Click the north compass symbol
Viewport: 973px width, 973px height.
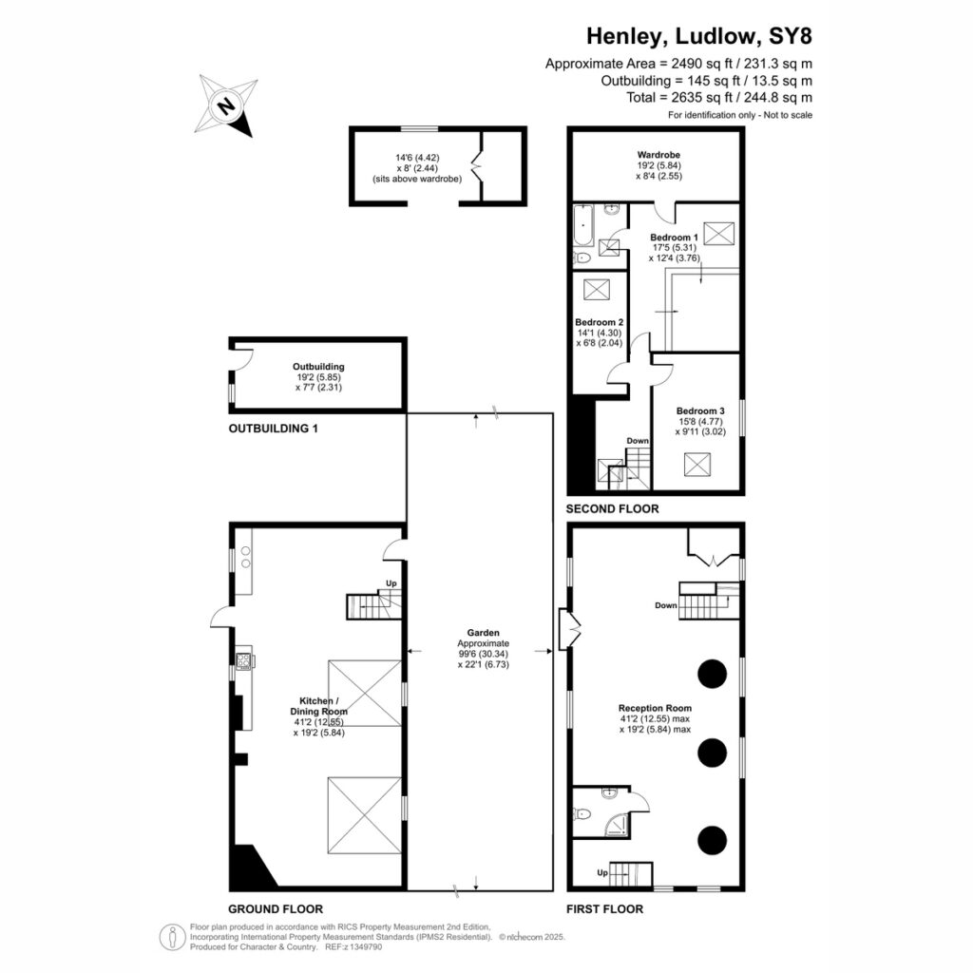click(227, 105)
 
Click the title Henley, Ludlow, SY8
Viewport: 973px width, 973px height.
click(699, 36)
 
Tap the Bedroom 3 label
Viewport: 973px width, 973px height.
click(700, 410)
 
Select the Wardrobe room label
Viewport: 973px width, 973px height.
click(659, 155)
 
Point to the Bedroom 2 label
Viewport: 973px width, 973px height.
click(599, 322)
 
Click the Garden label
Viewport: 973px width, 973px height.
click(484, 633)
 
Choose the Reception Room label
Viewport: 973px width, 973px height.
click(655, 708)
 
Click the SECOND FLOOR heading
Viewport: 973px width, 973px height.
click(613, 509)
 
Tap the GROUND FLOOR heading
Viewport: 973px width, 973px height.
click(276, 909)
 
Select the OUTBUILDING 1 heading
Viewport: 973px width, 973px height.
click(273, 429)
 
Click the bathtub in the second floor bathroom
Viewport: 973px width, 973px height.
click(584, 224)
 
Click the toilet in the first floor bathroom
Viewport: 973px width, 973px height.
click(582, 813)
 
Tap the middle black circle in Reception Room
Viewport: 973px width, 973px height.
click(713, 753)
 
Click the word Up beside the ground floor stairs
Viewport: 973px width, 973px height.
click(391, 583)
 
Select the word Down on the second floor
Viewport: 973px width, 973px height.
click(638, 441)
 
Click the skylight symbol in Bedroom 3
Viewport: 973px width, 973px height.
click(697, 464)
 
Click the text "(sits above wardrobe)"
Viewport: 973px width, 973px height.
click(417, 179)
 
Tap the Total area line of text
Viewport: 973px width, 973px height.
click(719, 98)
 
